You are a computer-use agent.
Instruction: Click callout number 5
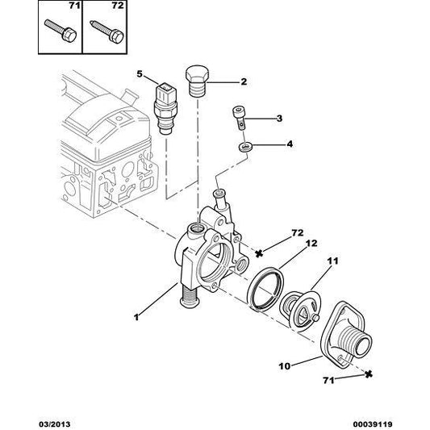[139, 74]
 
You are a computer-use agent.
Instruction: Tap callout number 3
[279, 119]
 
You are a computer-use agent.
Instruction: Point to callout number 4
[279, 146]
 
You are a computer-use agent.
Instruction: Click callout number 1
[136, 317]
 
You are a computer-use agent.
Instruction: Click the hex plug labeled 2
[198, 78]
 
